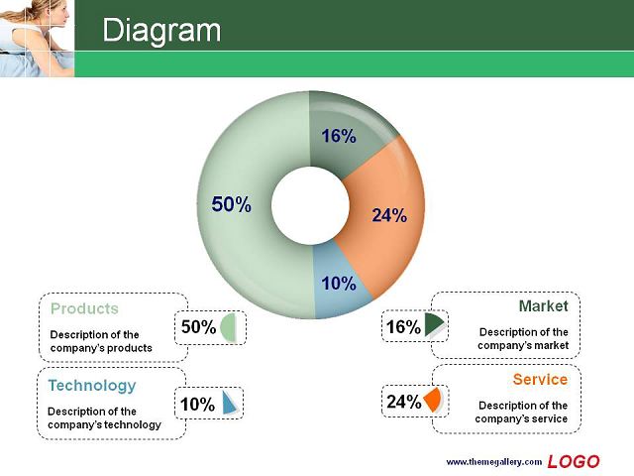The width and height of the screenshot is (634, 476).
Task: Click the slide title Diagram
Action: click(161, 30)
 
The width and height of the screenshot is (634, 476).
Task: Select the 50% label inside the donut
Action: click(231, 204)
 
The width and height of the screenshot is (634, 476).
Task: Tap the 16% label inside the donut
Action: click(339, 136)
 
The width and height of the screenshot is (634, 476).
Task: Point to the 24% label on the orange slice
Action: click(389, 215)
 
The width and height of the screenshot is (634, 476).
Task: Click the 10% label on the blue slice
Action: click(339, 284)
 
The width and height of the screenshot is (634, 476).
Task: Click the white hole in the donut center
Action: click(310, 205)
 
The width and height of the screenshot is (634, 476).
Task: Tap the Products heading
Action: click(84, 308)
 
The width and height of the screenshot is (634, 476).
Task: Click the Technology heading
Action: click(92, 386)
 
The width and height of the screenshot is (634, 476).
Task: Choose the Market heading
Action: click(544, 306)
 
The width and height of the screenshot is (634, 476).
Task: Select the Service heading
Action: click(540, 379)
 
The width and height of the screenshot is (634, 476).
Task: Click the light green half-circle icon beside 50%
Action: click(228, 327)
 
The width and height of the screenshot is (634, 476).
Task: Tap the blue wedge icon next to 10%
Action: click(230, 403)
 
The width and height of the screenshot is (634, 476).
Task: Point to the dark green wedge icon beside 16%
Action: click(433, 324)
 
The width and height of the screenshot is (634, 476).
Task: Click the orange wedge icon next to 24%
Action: click(433, 400)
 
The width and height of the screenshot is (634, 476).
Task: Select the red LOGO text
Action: click(574, 462)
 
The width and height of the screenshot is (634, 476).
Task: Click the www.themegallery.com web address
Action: click(493, 462)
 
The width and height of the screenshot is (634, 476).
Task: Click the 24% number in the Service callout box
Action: click(404, 402)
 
